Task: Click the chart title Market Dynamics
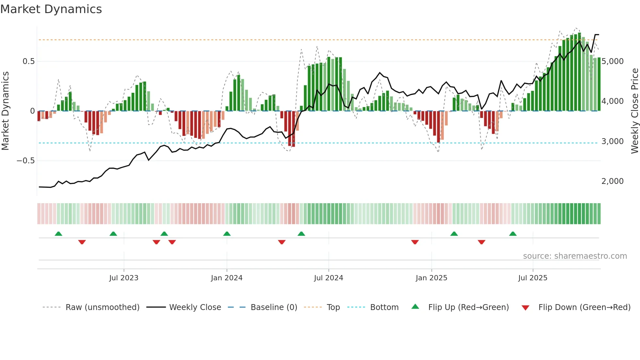point(51,9)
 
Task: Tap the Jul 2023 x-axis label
point(124,278)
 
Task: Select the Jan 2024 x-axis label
point(227,278)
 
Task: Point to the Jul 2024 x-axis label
point(328,278)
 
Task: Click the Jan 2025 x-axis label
point(431,278)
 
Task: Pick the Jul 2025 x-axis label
point(533,278)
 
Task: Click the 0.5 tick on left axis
point(28,61)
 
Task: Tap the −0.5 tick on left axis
point(26,161)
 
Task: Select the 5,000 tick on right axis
point(613,61)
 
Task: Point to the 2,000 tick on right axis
point(613,181)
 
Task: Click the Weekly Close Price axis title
point(634,111)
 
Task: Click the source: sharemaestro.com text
point(575,256)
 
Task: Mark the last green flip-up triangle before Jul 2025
point(513,234)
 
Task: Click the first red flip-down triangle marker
point(82,242)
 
